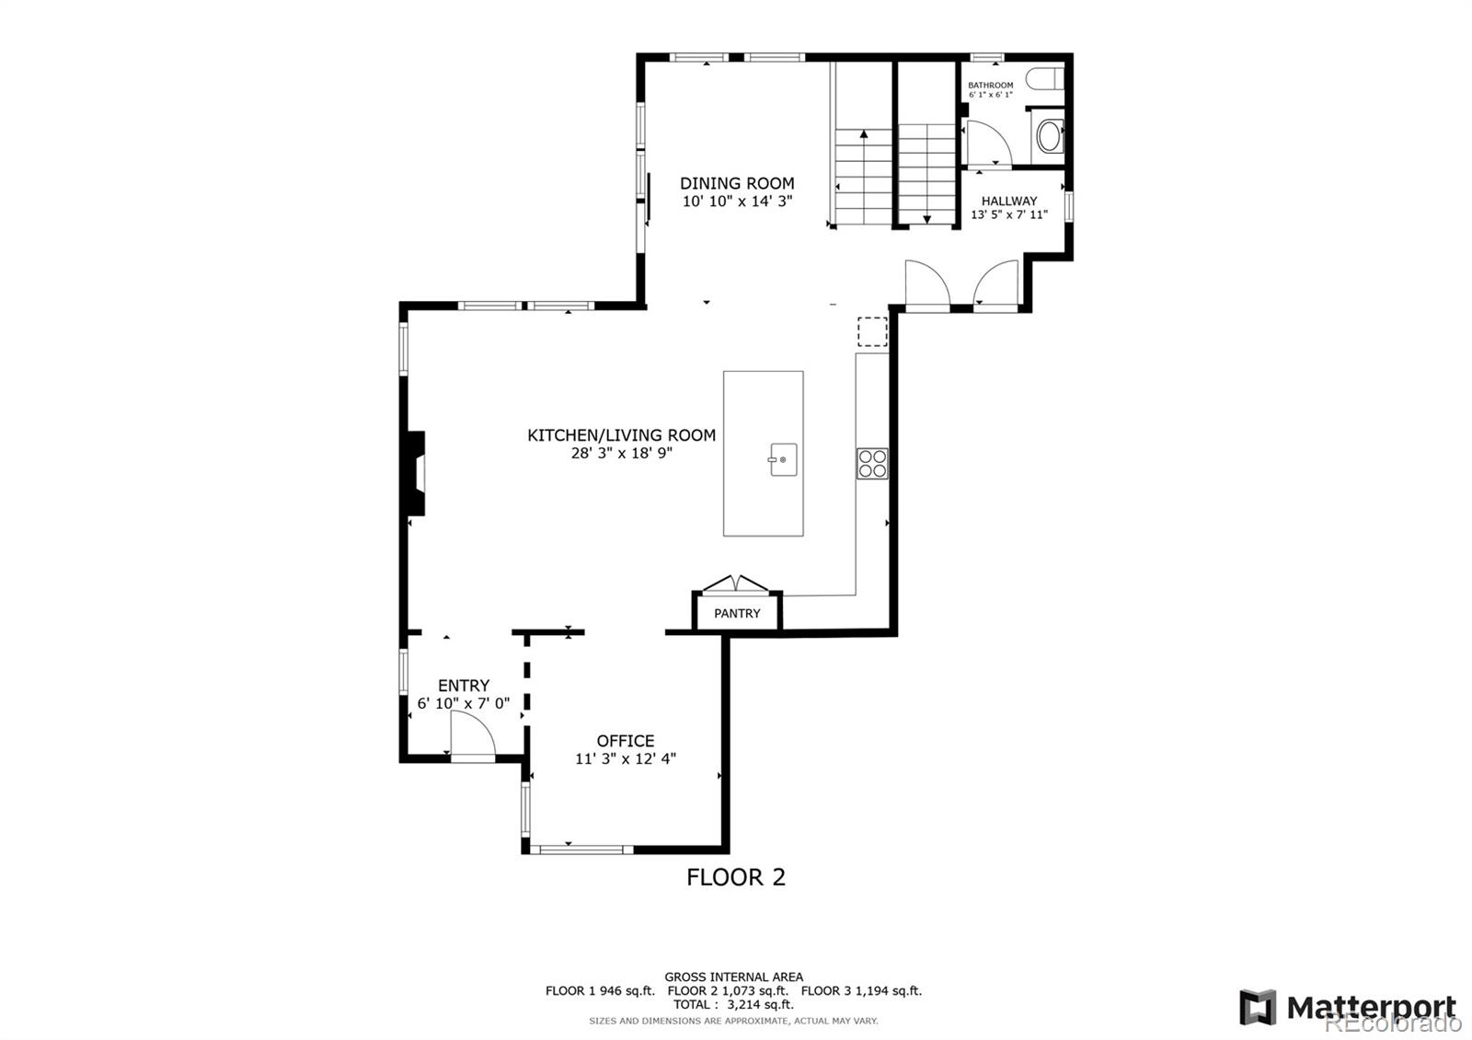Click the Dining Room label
(x=737, y=183)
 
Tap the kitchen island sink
(x=782, y=459)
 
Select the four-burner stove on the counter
(x=872, y=463)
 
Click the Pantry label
(x=737, y=613)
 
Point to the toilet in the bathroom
(x=1045, y=79)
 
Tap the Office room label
(x=625, y=741)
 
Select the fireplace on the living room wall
(x=416, y=473)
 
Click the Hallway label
(x=1008, y=202)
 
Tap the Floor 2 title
(x=736, y=877)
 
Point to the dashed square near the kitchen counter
(x=872, y=332)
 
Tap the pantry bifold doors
(x=735, y=584)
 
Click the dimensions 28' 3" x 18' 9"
(x=621, y=453)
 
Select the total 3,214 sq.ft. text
(x=733, y=1004)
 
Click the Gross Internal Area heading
(x=733, y=976)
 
